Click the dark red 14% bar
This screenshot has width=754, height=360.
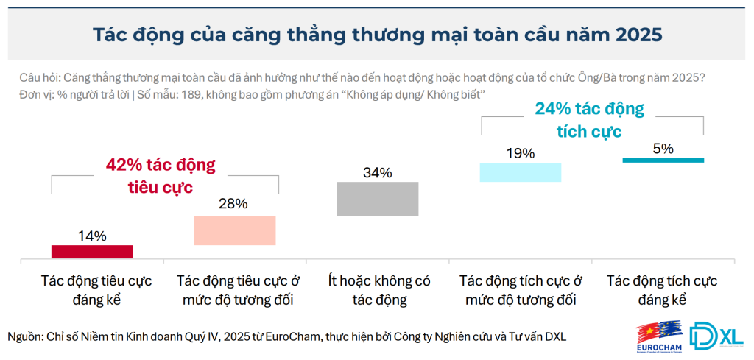click(92, 252)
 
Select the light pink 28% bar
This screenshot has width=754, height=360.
click(235, 230)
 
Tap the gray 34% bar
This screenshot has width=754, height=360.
click(378, 199)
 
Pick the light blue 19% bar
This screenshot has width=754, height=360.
click(521, 172)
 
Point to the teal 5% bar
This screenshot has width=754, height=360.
click(663, 160)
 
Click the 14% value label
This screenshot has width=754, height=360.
click(92, 236)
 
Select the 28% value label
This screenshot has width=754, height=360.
click(235, 205)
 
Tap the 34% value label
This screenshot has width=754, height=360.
click(378, 173)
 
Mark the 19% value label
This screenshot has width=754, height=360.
click(521, 153)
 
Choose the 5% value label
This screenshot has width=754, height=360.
click(663, 148)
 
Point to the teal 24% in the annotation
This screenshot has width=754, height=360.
click(553, 110)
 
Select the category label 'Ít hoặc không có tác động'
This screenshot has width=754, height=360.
click(378, 290)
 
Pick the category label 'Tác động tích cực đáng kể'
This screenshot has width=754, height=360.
click(662, 290)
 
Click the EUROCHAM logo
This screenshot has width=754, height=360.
click(661, 336)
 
